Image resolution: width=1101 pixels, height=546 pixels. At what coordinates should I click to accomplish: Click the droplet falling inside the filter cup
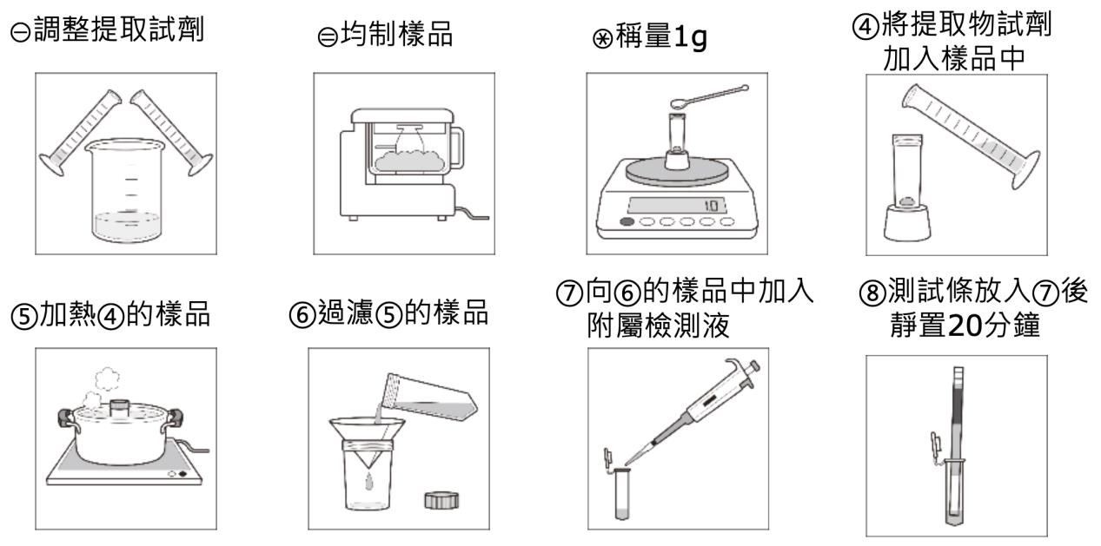[x=368, y=480]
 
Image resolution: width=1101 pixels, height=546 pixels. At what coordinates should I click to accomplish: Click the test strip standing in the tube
[x=958, y=434]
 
